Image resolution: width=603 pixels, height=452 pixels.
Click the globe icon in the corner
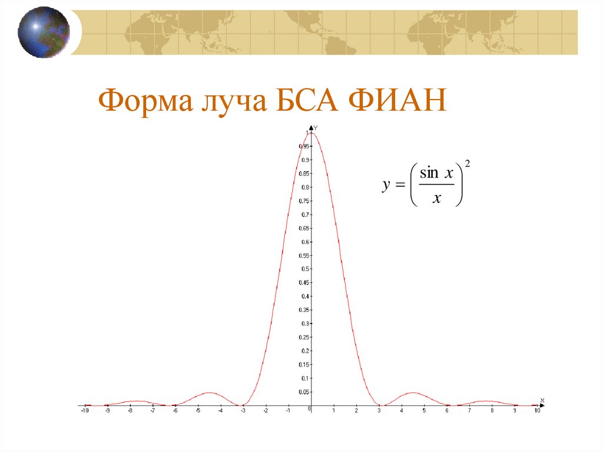[x=44, y=32]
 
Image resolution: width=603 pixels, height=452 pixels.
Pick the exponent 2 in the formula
[x=467, y=164]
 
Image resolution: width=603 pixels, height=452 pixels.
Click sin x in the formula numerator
[x=436, y=173]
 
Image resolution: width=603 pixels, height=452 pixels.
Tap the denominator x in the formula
[x=436, y=199]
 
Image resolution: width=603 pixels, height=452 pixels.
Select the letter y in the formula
[x=386, y=185]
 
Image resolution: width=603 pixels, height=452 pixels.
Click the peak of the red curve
[x=312, y=133]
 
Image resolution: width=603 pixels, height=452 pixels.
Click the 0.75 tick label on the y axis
[x=304, y=201]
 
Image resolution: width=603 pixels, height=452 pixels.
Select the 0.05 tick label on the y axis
[x=304, y=392]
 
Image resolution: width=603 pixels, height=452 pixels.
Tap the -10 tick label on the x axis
[x=85, y=411]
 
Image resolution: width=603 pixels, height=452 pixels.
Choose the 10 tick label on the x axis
[x=537, y=411]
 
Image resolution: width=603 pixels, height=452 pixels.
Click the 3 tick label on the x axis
[x=379, y=411]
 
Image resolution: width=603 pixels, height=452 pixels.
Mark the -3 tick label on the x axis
[x=243, y=411]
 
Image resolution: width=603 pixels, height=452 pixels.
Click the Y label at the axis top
[x=316, y=128]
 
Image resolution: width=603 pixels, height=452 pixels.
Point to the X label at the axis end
[x=542, y=401]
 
